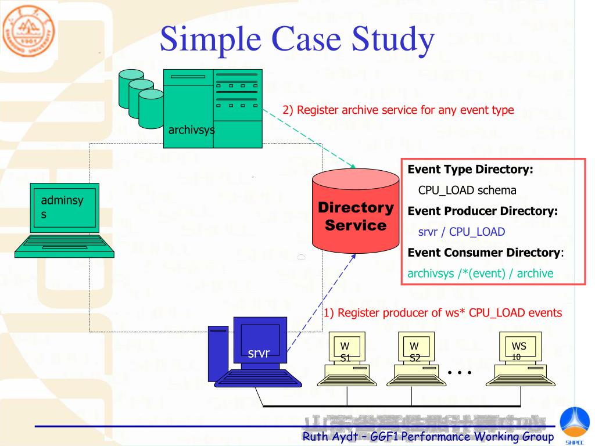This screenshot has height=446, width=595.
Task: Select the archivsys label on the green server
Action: (x=191, y=130)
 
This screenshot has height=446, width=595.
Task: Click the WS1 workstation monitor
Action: (x=345, y=348)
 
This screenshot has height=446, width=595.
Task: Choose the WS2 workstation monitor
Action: (x=414, y=348)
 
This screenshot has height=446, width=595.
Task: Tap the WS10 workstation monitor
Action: (x=519, y=348)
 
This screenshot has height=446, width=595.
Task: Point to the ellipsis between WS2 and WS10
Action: (x=460, y=372)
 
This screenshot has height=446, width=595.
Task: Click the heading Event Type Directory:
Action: (x=470, y=170)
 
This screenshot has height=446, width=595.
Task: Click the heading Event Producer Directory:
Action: (x=482, y=211)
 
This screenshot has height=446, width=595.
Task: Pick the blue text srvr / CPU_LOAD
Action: (x=461, y=232)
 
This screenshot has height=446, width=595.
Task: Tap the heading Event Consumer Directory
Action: (x=483, y=253)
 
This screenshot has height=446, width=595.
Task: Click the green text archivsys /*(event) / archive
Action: (x=481, y=273)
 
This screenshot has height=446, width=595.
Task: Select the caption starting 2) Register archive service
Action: (x=398, y=110)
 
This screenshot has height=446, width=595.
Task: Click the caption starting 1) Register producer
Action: (x=443, y=313)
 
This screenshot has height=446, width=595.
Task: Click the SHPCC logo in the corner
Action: (x=574, y=426)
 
